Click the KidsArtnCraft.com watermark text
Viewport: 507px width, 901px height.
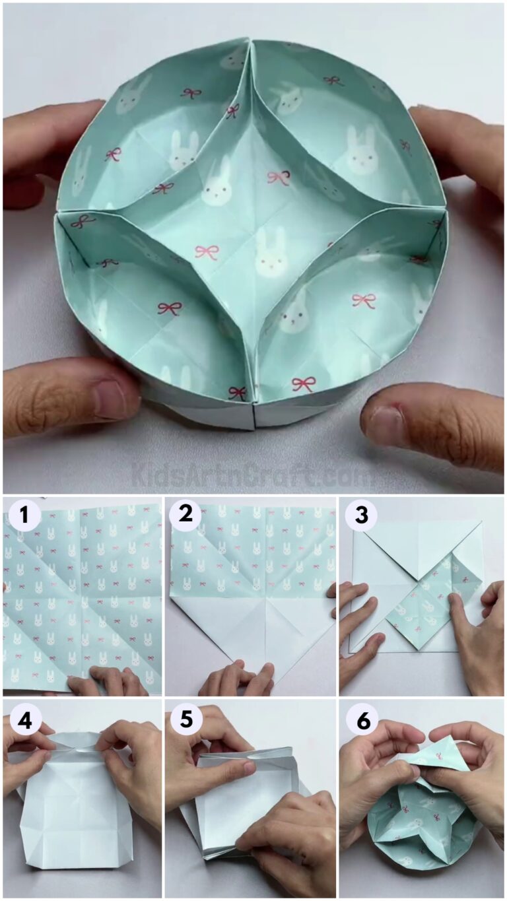point(253,474)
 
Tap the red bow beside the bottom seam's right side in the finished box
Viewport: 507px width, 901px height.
point(303,384)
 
